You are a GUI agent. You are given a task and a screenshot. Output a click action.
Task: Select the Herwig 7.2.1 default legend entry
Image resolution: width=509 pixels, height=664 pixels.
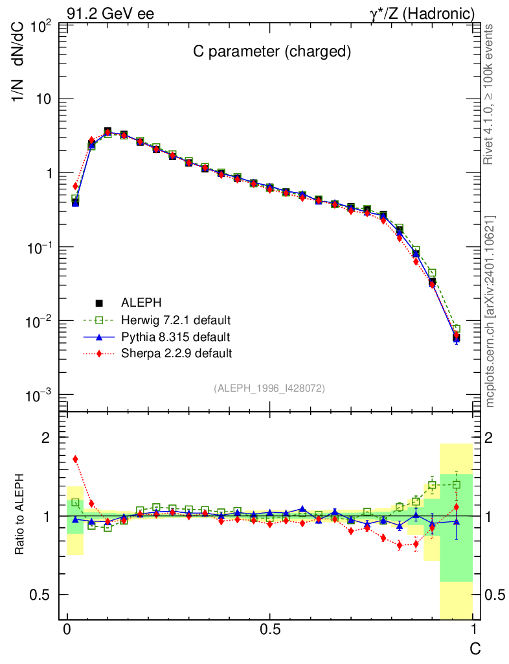[175, 320]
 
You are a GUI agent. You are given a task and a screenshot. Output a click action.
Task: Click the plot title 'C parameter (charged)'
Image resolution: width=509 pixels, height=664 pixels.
[272, 53]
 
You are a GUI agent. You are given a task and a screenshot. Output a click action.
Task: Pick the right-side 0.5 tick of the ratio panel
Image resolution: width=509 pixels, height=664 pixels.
[495, 595]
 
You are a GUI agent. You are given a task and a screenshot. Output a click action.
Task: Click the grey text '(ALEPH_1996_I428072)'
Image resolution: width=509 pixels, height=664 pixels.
[269, 388]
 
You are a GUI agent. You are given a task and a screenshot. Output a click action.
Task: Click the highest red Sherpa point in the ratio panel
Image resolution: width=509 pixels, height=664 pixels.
[75, 459]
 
